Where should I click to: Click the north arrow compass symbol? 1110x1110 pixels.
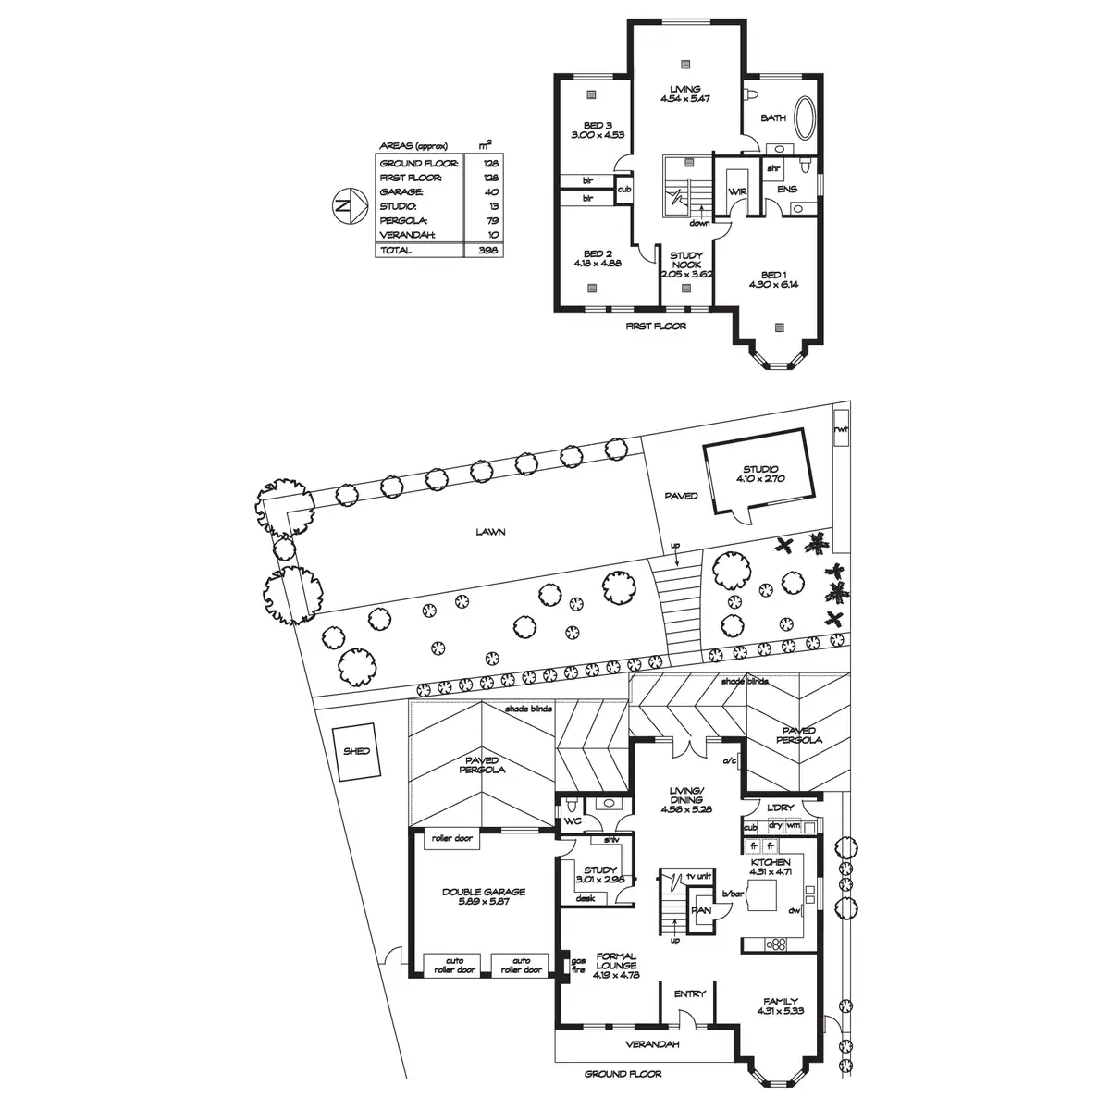coord(350,205)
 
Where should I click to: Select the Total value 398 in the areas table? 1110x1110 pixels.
coord(487,250)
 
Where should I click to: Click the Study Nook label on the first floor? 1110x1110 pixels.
coord(686,260)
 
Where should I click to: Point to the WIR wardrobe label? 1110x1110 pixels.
coord(737,191)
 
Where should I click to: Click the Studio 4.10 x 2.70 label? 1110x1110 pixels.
coord(760,474)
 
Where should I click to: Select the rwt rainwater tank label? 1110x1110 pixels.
coord(841,428)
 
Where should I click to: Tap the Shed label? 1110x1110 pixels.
coord(356,751)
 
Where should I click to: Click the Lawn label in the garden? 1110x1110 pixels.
coord(491,532)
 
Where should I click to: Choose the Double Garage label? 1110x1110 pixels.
coord(484,892)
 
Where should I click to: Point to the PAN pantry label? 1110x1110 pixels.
coord(701,910)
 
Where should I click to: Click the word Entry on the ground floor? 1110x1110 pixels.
coord(689,993)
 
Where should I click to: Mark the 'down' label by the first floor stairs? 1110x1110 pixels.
coord(699,223)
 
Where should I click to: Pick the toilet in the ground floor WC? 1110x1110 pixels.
coord(572,804)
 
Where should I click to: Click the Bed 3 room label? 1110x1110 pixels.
coord(598,126)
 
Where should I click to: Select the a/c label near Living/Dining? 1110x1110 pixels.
coord(729,761)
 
